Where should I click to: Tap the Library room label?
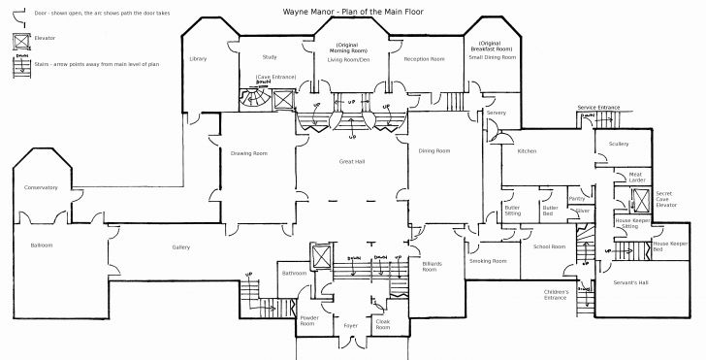198,59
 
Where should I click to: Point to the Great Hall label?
351,160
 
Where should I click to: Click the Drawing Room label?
249,153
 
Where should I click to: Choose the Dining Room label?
434,151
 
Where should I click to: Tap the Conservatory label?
41,187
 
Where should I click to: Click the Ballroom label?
41,246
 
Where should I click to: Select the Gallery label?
181,247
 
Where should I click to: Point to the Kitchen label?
527,151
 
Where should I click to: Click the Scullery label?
620,144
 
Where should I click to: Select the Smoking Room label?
488,261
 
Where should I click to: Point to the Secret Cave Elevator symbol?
640,200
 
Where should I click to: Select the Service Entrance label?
598,107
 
